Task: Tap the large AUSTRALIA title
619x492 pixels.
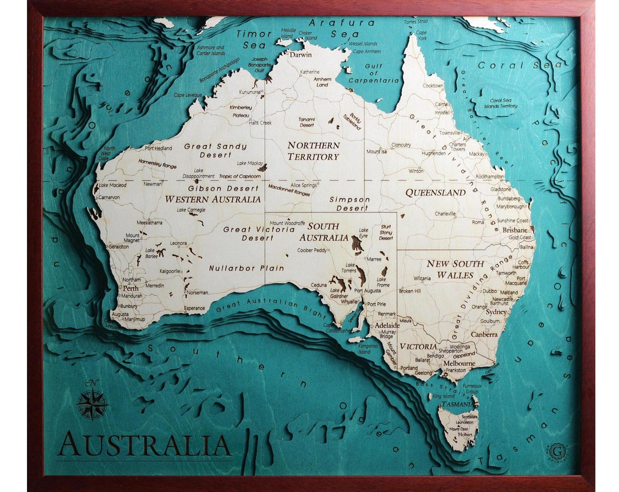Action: (144, 444)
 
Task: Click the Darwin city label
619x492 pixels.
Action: (300, 55)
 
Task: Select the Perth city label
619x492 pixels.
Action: (131, 288)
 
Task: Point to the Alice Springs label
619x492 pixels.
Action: (304, 185)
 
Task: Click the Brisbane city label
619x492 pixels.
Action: (515, 230)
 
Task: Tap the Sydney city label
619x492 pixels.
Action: (496, 312)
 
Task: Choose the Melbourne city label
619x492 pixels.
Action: (459, 363)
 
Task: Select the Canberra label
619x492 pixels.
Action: (484, 334)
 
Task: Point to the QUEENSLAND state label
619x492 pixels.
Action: (436, 193)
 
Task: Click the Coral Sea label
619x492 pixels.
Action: (520, 65)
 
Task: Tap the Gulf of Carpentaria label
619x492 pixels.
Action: (373, 73)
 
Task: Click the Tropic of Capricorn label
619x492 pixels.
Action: (240, 176)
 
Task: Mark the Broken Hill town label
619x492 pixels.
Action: (410, 291)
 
